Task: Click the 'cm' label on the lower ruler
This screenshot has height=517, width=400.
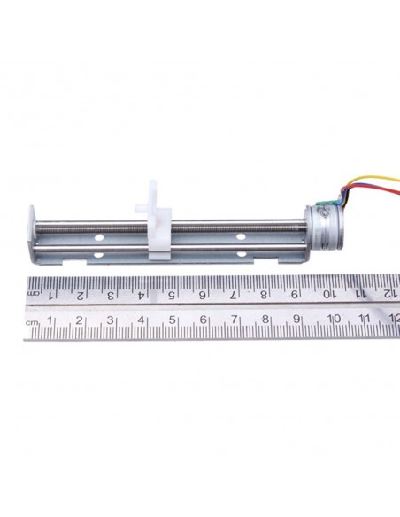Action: point(33,321)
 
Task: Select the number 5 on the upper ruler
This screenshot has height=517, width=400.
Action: point(172,294)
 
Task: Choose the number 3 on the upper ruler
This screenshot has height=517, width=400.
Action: point(111,295)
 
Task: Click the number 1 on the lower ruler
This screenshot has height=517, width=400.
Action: point(50,320)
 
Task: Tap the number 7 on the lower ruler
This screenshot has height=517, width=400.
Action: point(235,320)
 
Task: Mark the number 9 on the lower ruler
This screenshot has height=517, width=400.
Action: point(298,320)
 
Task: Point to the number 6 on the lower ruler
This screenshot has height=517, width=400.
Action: point(203,320)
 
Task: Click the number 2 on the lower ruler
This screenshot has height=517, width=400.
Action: point(81,320)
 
